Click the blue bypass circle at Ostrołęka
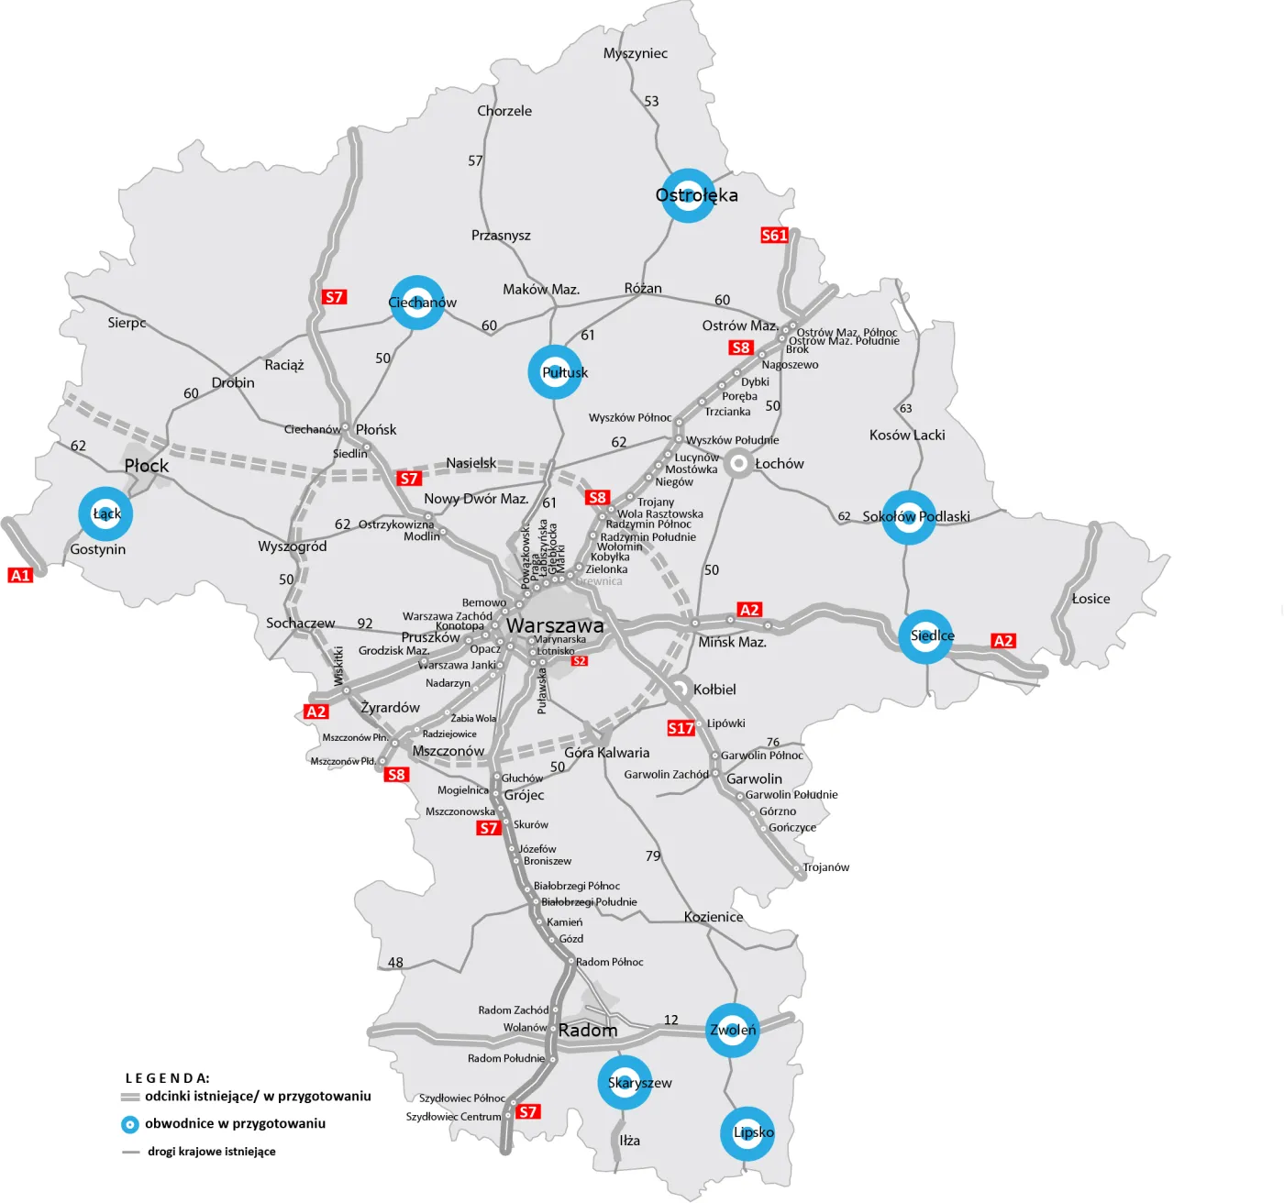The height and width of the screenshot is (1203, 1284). pos(688,195)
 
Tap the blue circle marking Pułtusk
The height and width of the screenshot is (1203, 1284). pos(555,372)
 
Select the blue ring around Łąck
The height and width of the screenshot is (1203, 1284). pos(105,513)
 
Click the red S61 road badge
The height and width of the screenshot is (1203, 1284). pos(774,235)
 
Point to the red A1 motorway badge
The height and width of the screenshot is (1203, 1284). pos(20,575)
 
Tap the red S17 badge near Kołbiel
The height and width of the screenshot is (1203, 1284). pos(681,728)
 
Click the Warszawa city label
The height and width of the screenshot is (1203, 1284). pos(555,625)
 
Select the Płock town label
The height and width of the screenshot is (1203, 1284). pos(147,466)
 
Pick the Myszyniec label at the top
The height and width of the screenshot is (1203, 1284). pos(635,53)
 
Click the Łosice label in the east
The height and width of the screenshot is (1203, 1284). pos(1090,599)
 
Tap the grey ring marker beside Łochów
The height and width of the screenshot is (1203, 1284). pos(737,464)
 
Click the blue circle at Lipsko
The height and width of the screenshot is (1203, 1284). pos(747,1133)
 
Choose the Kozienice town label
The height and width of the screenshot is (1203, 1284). pos(714,917)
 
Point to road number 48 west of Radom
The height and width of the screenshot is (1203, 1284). pos(395,962)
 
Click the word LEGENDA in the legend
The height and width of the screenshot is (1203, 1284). pos(167,1078)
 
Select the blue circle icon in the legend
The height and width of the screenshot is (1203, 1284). pos(130,1124)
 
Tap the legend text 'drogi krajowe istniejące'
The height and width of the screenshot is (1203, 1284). pos(211,1152)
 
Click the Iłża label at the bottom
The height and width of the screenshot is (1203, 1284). pos(629,1141)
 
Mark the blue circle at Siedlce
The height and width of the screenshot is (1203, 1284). pos(925,636)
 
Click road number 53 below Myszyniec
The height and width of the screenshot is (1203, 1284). pos(651,101)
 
